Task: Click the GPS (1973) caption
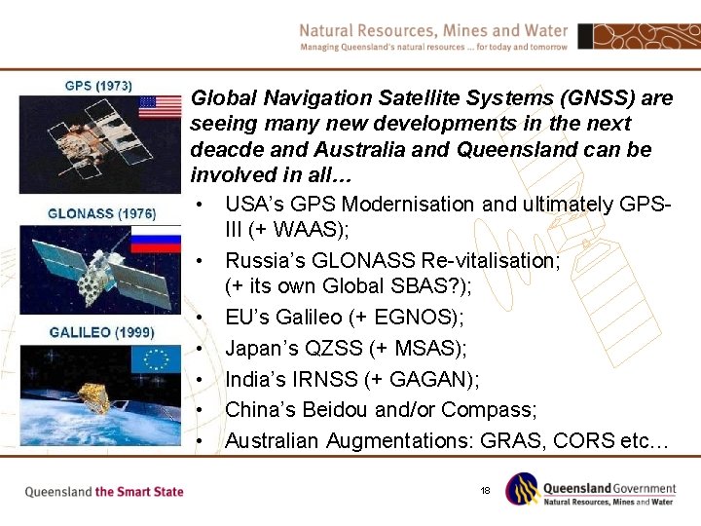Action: pyautogui.click(x=98, y=86)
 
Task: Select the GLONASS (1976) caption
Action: pyautogui.click(x=101, y=212)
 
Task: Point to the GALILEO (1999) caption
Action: pyautogui.click(x=101, y=332)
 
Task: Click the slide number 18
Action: pyautogui.click(x=485, y=490)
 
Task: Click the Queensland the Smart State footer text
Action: pyautogui.click(x=104, y=491)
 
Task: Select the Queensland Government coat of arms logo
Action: pyautogui.click(x=523, y=488)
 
